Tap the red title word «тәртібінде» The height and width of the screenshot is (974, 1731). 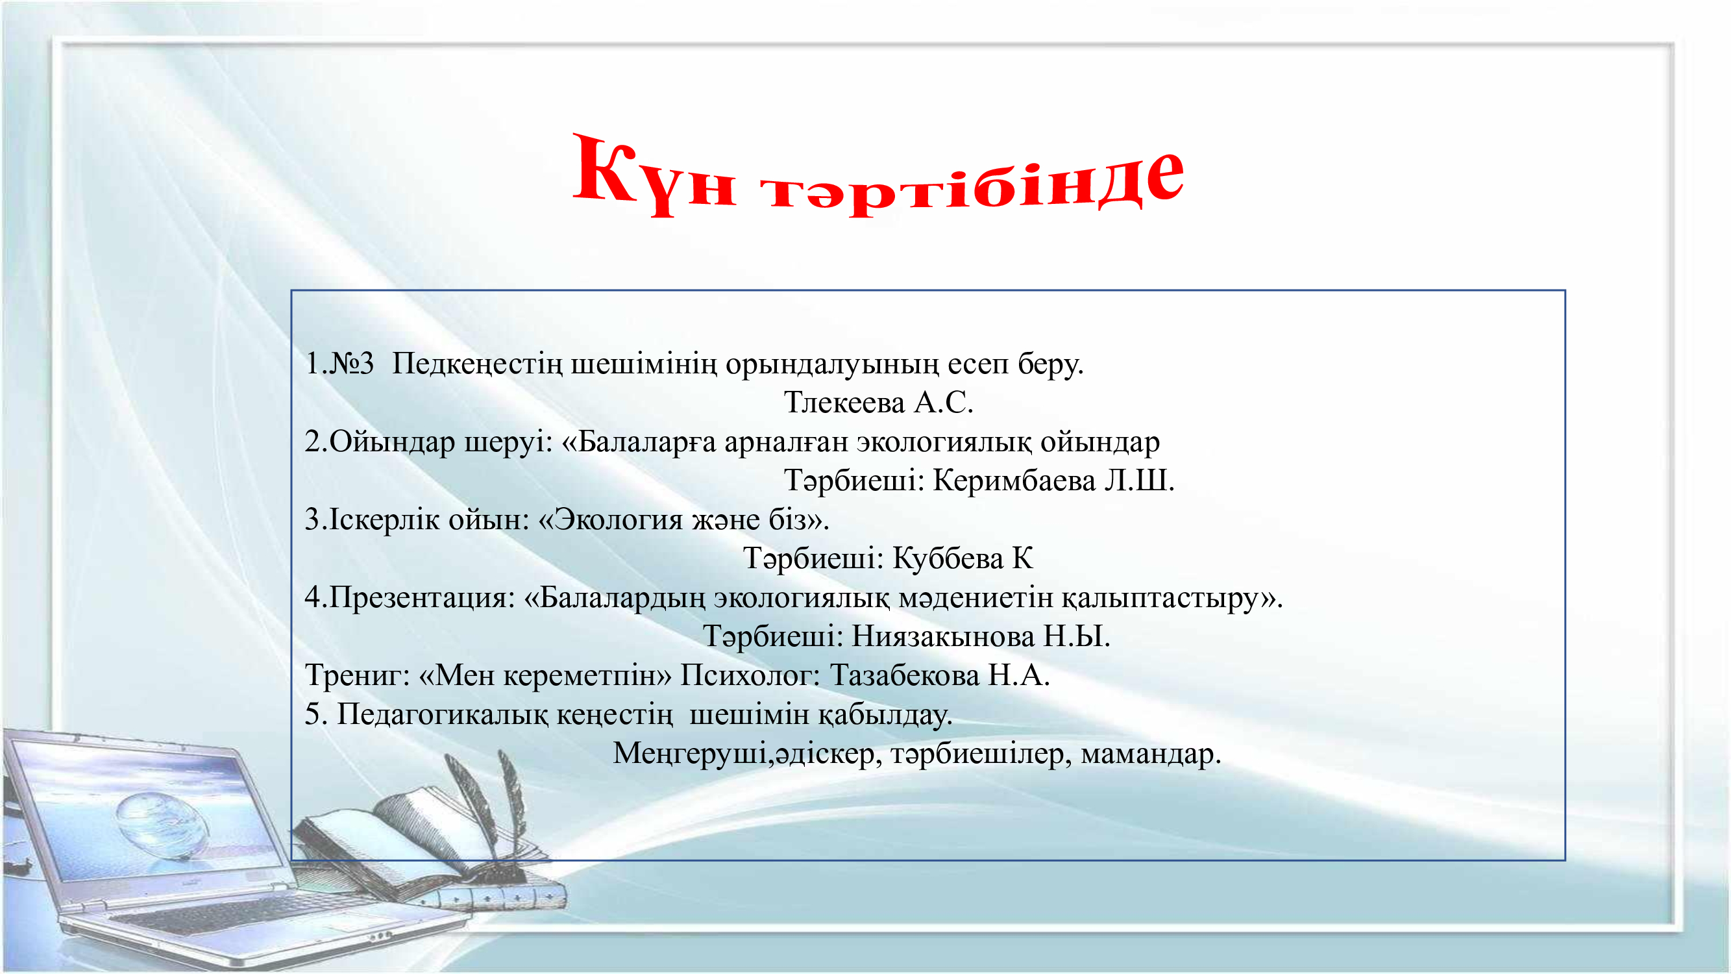[x=972, y=180]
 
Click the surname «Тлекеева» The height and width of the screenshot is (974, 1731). [x=844, y=403]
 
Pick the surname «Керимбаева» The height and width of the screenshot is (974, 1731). [x=1014, y=481]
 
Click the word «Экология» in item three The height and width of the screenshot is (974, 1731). [x=618, y=519]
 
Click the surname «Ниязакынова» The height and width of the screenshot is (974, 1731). [x=943, y=636]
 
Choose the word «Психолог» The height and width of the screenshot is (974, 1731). [x=750, y=675]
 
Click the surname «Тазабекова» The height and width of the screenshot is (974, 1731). [x=905, y=675]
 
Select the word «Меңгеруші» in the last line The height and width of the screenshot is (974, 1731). [x=691, y=753]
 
